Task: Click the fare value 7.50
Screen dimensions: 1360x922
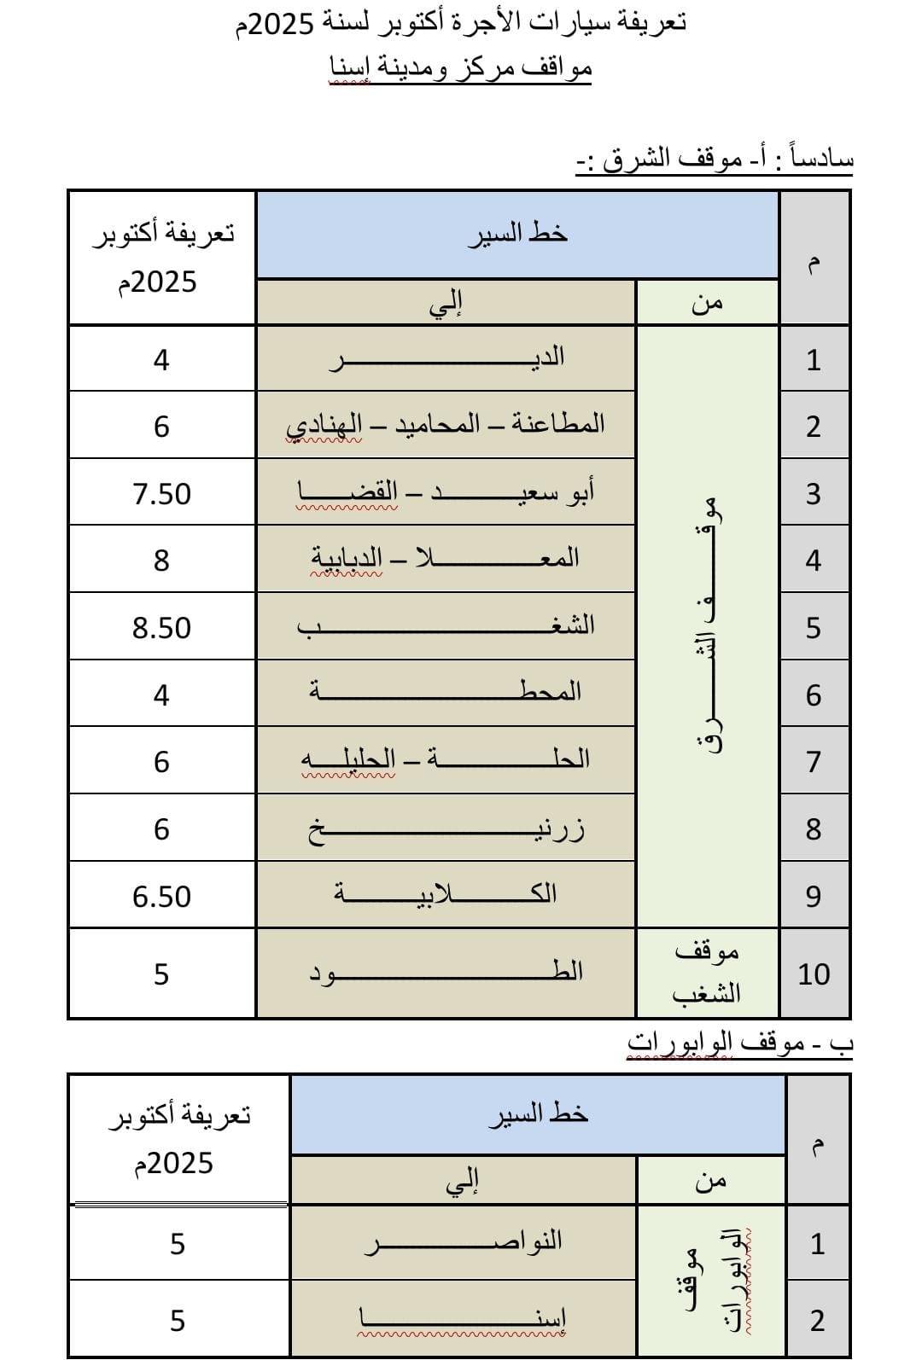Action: click(161, 494)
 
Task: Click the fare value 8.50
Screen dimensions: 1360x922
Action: click(161, 628)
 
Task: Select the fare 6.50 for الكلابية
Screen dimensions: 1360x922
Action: click(161, 897)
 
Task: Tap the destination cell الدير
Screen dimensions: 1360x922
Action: click(446, 357)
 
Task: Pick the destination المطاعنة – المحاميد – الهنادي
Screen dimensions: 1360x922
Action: click(446, 424)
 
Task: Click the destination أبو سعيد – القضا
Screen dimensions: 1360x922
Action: click(446, 491)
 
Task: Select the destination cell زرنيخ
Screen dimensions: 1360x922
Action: click(446, 828)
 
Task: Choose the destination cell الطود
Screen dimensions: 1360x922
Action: click(446, 972)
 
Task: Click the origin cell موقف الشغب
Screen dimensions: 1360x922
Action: click(707, 973)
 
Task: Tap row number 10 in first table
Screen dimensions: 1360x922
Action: click(814, 974)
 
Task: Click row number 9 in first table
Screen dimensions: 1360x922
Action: click(814, 897)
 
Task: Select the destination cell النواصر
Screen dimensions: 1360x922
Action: click(464, 1241)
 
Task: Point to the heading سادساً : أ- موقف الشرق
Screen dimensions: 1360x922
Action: click(715, 160)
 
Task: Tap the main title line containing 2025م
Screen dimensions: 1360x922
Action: click(461, 23)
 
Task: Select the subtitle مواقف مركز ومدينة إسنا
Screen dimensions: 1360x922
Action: click(461, 67)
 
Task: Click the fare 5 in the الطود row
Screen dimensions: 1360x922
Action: click(161, 974)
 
